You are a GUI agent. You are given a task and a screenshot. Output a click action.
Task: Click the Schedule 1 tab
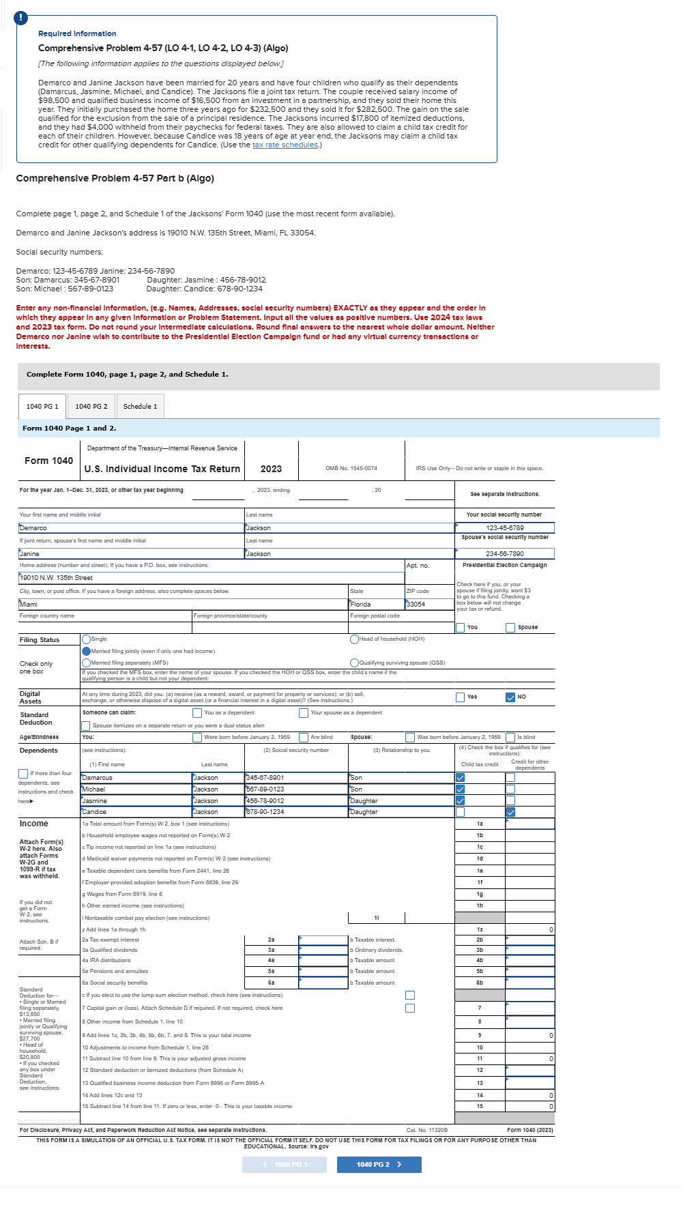(140, 407)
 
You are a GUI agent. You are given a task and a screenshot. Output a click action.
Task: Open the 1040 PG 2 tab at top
(91, 407)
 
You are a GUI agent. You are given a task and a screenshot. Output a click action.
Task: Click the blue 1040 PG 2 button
(379, 1164)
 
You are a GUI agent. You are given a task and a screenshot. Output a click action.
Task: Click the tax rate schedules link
(285, 145)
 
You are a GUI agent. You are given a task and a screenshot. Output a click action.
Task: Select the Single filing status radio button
(87, 639)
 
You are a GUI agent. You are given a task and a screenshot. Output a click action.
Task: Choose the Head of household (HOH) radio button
(354, 639)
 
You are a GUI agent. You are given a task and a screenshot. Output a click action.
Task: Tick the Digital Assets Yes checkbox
(461, 697)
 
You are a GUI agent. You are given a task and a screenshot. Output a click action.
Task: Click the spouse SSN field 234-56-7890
(505, 553)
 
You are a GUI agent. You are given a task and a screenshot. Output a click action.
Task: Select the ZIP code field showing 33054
(429, 604)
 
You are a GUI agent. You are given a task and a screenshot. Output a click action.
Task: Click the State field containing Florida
(376, 604)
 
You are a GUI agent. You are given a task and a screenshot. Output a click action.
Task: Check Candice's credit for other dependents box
(510, 812)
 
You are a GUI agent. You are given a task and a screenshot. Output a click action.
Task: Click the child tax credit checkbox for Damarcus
(460, 778)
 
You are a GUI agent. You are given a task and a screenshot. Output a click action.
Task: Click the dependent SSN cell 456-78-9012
(296, 800)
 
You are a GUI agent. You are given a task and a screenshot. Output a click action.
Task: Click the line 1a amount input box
(529, 824)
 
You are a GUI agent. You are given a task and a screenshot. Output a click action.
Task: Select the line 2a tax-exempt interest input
(323, 940)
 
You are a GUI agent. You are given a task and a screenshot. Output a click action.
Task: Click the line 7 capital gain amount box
(529, 1008)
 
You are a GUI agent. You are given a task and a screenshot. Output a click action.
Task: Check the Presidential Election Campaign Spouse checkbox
(510, 628)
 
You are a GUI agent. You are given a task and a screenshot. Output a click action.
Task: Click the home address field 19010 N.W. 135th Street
(212, 577)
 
